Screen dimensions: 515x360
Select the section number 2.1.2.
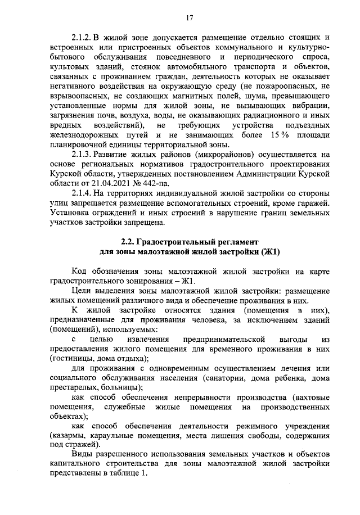coord(84,38)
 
